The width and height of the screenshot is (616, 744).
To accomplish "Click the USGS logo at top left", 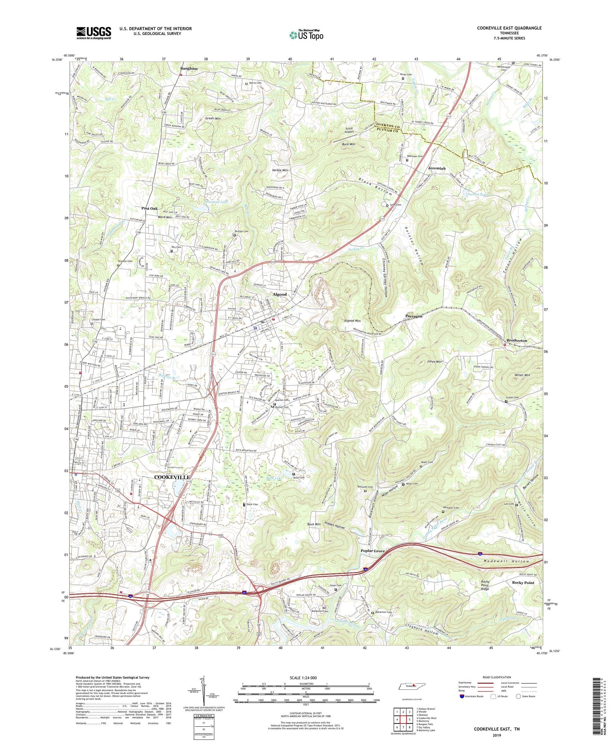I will pos(94,32).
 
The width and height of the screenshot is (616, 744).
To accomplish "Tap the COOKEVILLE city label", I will pos(172,477).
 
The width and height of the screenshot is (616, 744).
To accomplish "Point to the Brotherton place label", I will pos(516,341).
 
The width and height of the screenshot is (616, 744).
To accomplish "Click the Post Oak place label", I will pos(149,208).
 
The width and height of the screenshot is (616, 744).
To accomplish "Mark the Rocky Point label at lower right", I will pos(523,582).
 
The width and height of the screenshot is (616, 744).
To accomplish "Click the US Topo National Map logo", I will pos(306,35).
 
